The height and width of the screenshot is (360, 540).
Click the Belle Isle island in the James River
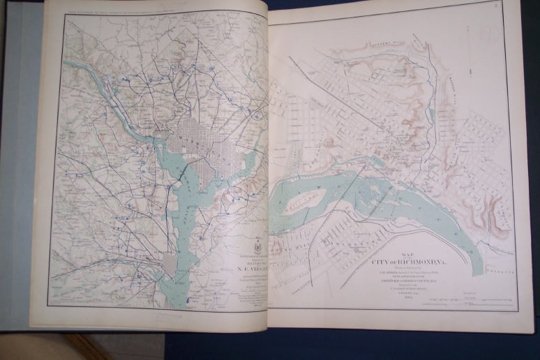(x=303, y=203)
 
